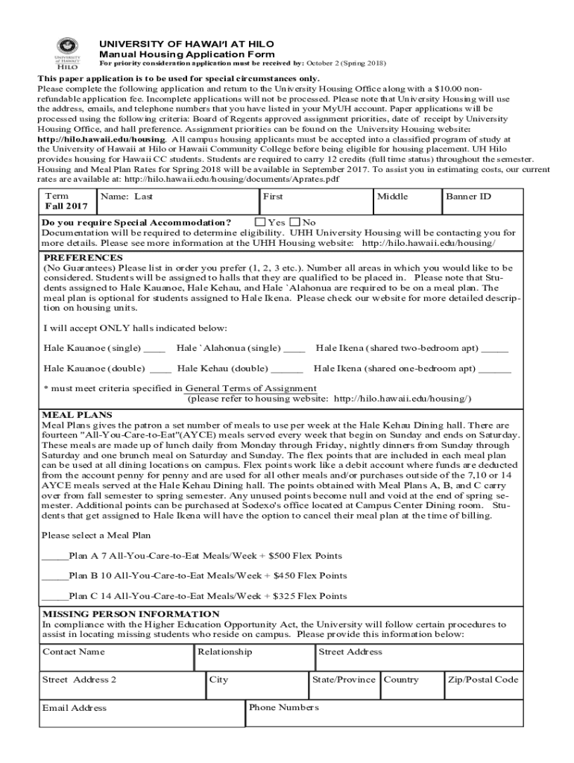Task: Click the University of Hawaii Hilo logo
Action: click(67, 60)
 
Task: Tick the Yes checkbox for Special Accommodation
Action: click(260, 222)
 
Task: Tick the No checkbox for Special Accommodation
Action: click(295, 222)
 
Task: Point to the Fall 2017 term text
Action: click(66, 206)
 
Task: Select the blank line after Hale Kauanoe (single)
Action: click(154, 349)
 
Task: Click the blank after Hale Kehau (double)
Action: click(287, 369)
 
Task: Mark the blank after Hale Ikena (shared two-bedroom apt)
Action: click(495, 349)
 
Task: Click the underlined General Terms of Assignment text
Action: click(250, 388)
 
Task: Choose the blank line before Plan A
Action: click(55, 556)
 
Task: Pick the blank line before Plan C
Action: click(55, 596)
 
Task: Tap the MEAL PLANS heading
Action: click(77, 415)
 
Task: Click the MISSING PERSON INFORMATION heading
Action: click(130, 614)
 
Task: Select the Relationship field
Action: click(254, 658)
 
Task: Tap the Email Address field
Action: click(142, 714)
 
